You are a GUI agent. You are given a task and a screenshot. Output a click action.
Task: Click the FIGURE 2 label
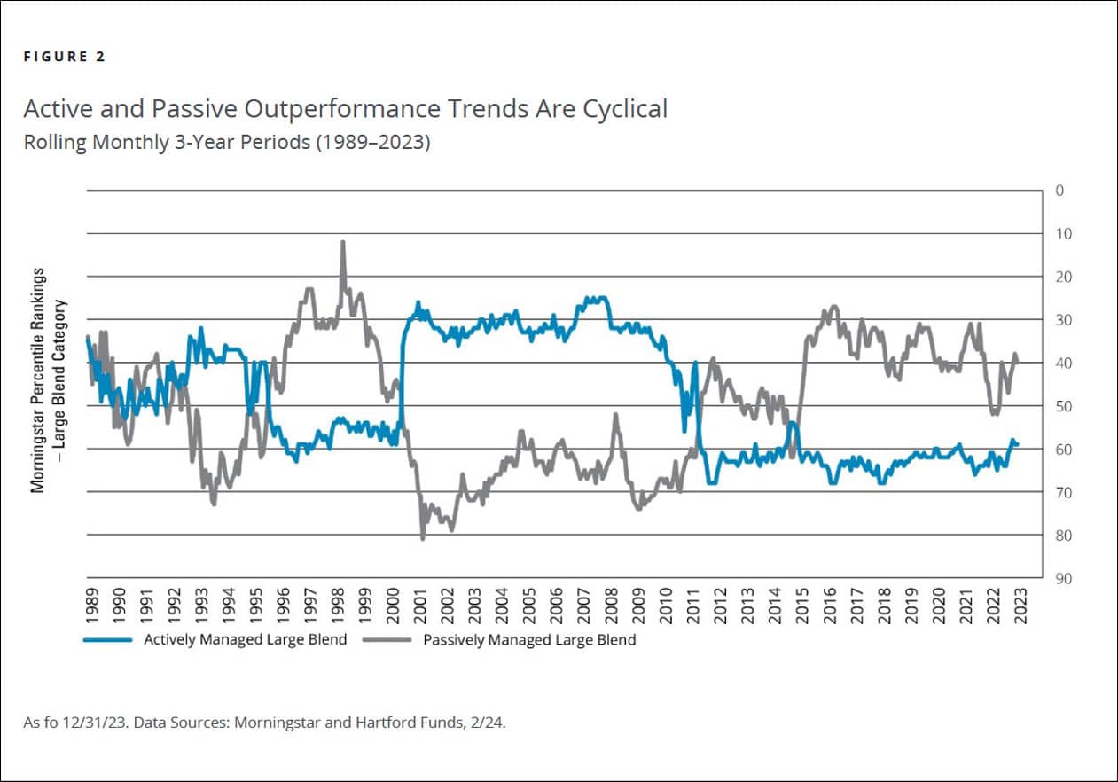click(64, 57)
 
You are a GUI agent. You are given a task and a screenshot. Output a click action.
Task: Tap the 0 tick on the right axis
click(1059, 191)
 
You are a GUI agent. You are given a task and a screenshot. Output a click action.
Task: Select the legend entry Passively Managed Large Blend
click(529, 639)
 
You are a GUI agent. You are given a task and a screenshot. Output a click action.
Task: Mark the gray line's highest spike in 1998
click(342, 241)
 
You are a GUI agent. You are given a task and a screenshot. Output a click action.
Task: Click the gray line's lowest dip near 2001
click(422, 538)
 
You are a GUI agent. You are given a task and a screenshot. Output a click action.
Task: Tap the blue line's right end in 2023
click(1017, 444)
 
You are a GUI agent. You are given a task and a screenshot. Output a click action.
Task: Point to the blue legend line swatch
click(108, 639)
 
